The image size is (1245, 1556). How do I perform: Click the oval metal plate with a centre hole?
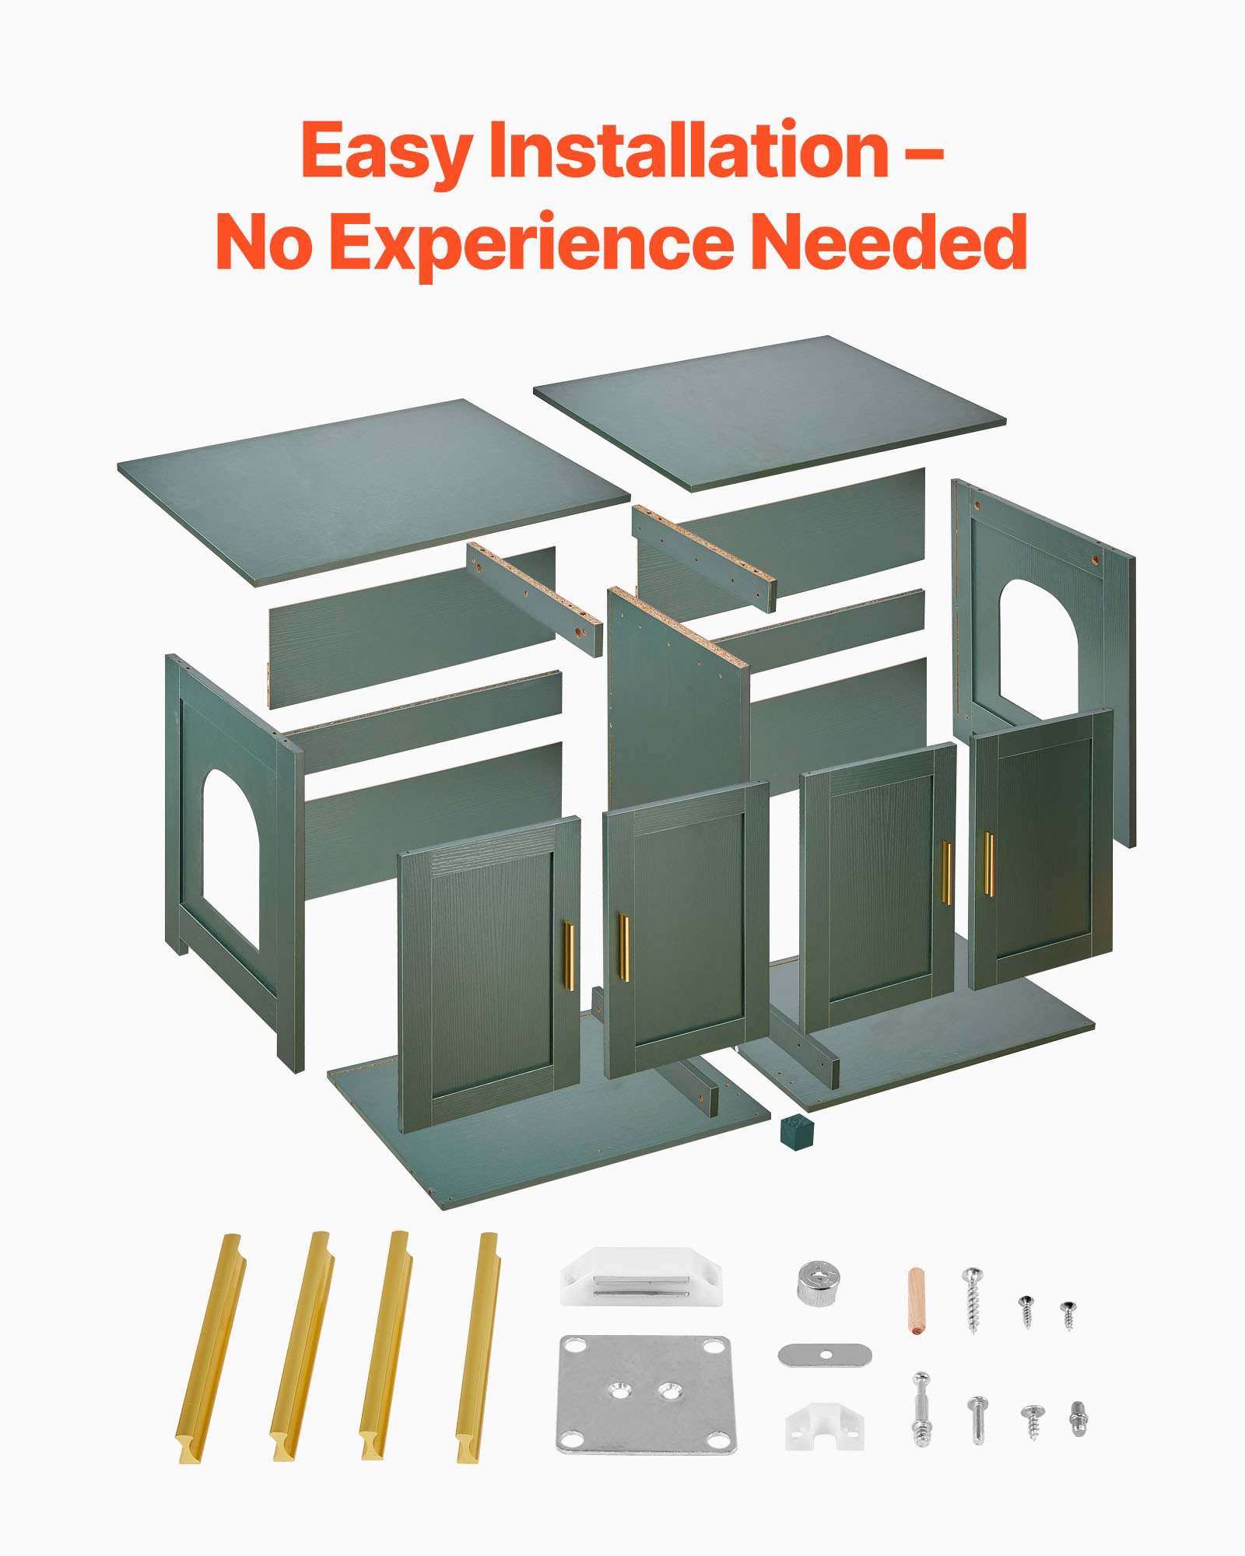(825, 1354)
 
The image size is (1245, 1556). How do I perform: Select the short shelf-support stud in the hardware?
(1078, 1419)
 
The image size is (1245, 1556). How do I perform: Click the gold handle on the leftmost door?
(569, 956)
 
